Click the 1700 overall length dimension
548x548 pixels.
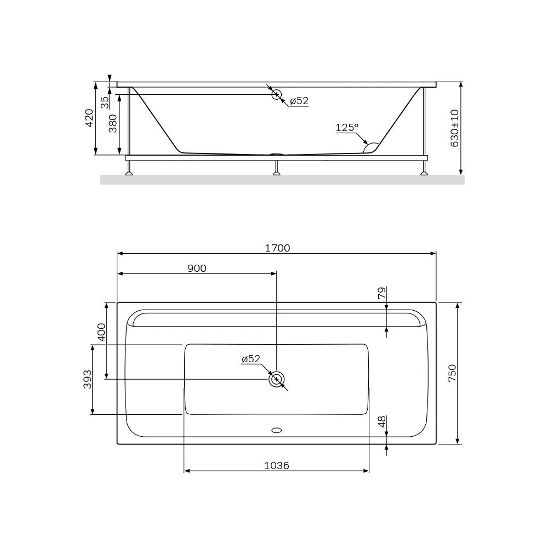pyautogui.click(x=277, y=248)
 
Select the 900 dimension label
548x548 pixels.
pyautogui.click(x=197, y=268)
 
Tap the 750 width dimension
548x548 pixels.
pyautogui.click(x=452, y=373)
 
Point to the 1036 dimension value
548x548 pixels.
pyautogui.click(x=276, y=465)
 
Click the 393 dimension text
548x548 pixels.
pyautogui.click(x=87, y=379)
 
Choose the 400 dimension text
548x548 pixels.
pyautogui.click(x=101, y=332)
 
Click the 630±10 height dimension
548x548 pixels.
pyautogui.click(x=454, y=128)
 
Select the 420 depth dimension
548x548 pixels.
pyautogui.click(x=89, y=118)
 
